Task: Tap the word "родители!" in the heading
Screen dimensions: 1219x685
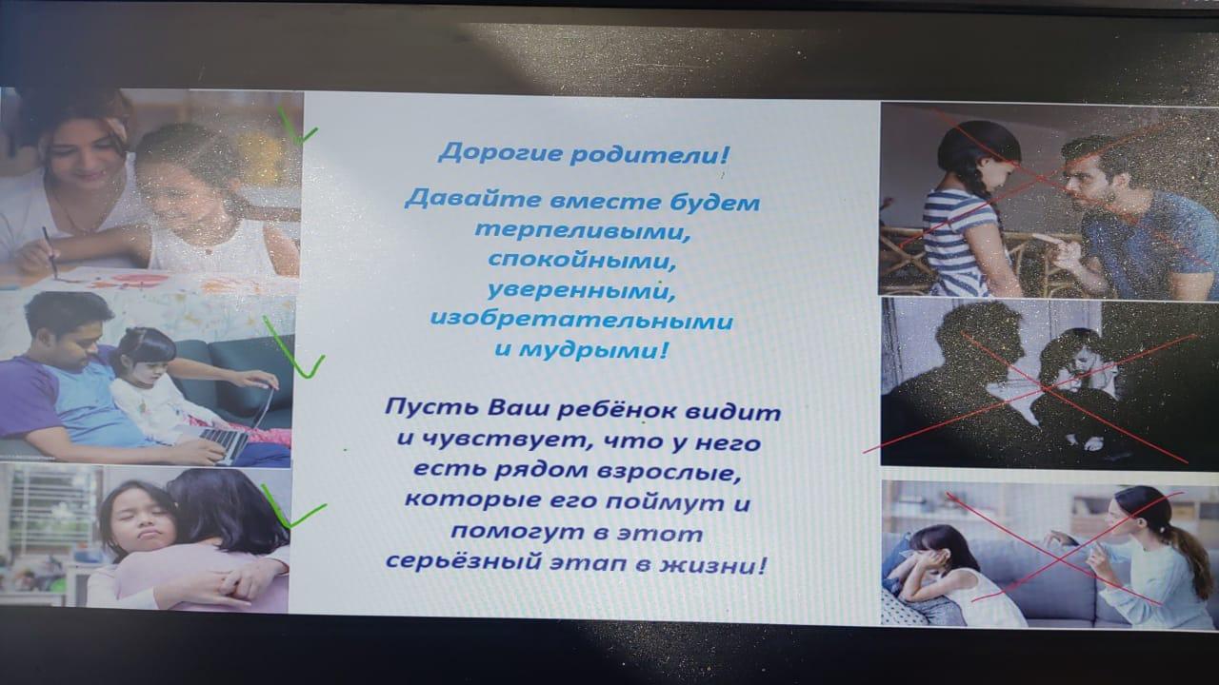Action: click(x=649, y=155)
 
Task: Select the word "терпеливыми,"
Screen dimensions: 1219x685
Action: click(x=583, y=230)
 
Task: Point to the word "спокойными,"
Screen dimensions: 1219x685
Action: click(x=582, y=260)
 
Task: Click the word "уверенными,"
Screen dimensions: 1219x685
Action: click(x=581, y=290)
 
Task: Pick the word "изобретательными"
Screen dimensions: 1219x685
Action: click(x=582, y=320)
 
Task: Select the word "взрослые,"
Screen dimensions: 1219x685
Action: click(x=669, y=472)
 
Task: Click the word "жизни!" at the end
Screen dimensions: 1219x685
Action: click(x=713, y=564)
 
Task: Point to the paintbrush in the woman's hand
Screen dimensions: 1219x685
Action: click(x=50, y=253)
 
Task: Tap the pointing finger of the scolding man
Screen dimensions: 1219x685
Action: click(x=1046, y=241)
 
